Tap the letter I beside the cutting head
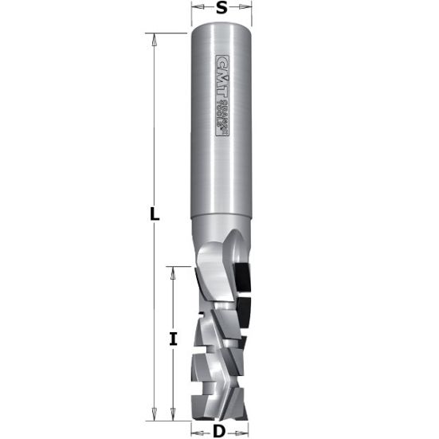[x=173, y=339]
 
